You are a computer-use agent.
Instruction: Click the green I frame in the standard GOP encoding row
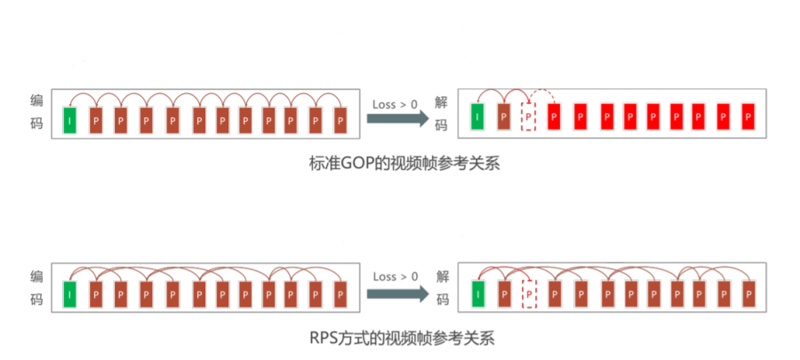click(69, 119)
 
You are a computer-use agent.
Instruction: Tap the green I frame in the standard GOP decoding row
click(478, 116)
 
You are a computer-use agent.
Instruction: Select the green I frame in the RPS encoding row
click(69, 292)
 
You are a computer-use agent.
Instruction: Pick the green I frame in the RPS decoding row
click(478, 292)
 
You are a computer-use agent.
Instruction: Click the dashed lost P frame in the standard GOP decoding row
click(529, 116)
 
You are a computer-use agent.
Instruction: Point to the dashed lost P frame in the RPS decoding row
click(529, 292)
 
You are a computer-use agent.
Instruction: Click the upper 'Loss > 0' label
click(395, 104)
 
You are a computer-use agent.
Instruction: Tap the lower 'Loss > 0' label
click(395, 276)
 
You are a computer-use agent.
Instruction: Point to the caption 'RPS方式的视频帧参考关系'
click(399, 338)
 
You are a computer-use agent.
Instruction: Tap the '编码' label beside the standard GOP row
click(36, 112)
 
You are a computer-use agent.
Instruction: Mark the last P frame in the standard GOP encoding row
click(340, 119)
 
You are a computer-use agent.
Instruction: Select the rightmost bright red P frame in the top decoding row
click(748, 116)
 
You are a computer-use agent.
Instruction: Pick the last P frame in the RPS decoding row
click(748, 292)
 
